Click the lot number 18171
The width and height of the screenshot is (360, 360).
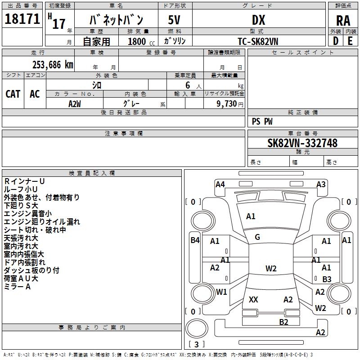22,19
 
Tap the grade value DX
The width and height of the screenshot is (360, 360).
258,20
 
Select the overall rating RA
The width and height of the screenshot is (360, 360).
343,21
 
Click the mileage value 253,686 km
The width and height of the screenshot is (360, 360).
53,65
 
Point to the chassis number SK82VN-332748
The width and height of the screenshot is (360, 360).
302,143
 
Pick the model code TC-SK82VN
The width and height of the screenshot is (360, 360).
258,41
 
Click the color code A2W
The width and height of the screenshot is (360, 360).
75,104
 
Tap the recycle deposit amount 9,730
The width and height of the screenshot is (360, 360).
227,103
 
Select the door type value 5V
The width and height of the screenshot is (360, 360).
174,20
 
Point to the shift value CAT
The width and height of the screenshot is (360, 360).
13,94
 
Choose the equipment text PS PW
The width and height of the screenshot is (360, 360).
262,121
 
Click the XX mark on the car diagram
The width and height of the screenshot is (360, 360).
253,300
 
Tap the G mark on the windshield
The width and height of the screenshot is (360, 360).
257,237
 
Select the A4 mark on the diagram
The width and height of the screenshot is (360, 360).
220,184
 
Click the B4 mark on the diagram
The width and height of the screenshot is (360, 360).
195,240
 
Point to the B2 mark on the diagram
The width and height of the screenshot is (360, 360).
283,322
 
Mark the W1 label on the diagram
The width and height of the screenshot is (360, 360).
221,292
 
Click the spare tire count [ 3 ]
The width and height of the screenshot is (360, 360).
196,344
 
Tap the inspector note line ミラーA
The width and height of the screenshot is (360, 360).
17,287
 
